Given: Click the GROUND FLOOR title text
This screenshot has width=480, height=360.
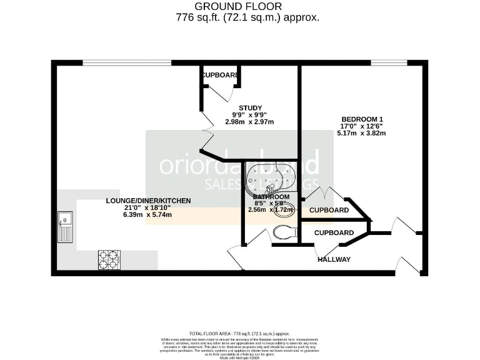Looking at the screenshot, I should coord(239,6).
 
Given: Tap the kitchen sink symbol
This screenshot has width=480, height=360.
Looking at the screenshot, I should coord(65,227).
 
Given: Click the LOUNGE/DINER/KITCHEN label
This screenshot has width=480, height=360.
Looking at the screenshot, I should coord(147,201).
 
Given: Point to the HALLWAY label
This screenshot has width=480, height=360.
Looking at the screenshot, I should coord(334,259).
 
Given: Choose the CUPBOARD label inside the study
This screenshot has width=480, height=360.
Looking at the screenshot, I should coord(219,76).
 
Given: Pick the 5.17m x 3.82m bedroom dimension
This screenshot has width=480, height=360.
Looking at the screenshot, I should coord(361,133).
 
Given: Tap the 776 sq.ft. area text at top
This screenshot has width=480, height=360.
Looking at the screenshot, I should coord(248,17).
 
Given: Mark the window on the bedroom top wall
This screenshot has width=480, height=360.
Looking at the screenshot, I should coord(389,62).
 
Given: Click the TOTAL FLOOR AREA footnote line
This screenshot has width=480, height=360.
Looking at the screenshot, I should coord(240,334).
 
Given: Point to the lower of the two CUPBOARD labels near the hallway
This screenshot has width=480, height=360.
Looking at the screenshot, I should coord(333,232).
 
